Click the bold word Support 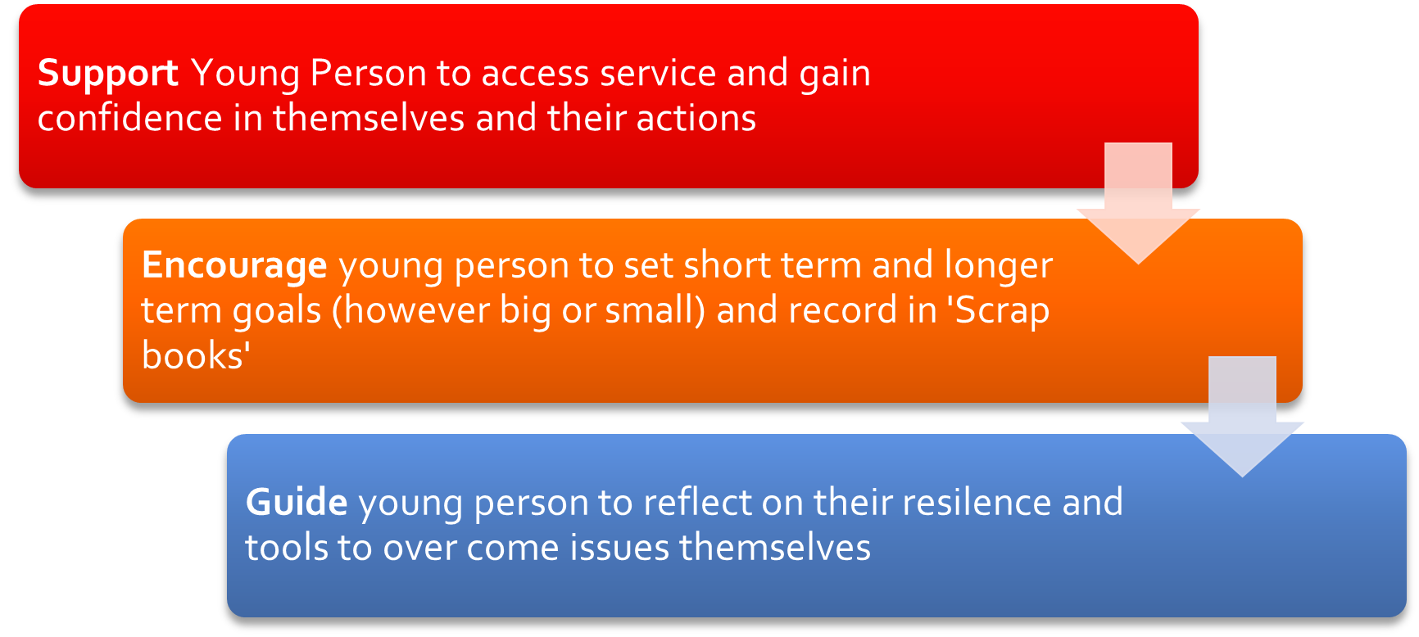coord(108,75)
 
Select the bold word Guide coord(297,502)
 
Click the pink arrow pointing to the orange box coord(1138,203)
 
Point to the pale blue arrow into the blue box coord(1242,417)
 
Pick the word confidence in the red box coord(130,118)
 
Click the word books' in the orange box coord(196,356)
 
